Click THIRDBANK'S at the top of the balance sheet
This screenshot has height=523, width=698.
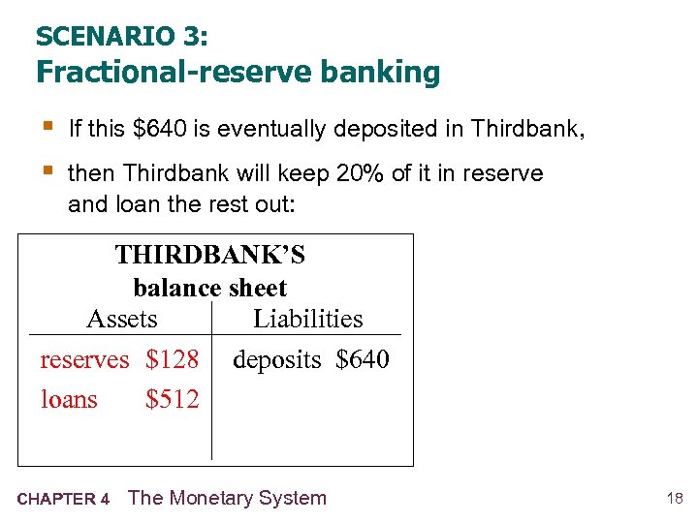click(209, 255)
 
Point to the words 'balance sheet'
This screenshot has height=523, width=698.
click(209, 288)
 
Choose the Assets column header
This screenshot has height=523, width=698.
click(122, 319)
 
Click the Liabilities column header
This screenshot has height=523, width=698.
click(307, 319)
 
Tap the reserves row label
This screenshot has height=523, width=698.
click(84, 360)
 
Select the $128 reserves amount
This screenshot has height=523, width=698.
click(172, 360)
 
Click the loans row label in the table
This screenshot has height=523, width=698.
click(69, 399)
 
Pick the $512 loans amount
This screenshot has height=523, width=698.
click(172, 399)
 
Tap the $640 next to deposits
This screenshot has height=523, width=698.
click(362, 360)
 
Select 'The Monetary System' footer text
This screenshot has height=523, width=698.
click(227, 498)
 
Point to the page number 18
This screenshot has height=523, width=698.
click(675, 499)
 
